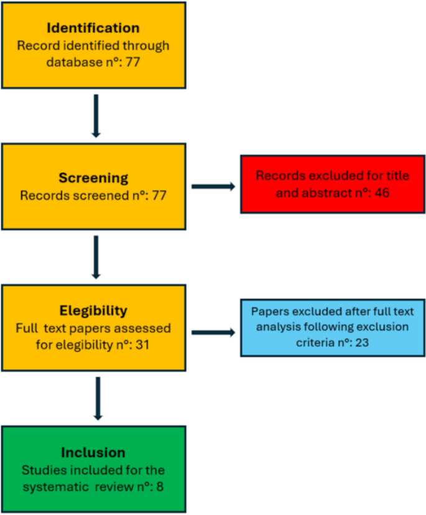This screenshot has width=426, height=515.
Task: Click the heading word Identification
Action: (93, 29)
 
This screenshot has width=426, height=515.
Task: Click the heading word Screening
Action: (93, 178)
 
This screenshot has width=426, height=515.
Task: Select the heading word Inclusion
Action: (93, 453)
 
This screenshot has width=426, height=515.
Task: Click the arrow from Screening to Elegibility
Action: (95, 256)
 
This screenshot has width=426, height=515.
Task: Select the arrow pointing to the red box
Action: (213, 185)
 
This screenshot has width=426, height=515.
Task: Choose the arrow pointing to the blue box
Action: (213, 332)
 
